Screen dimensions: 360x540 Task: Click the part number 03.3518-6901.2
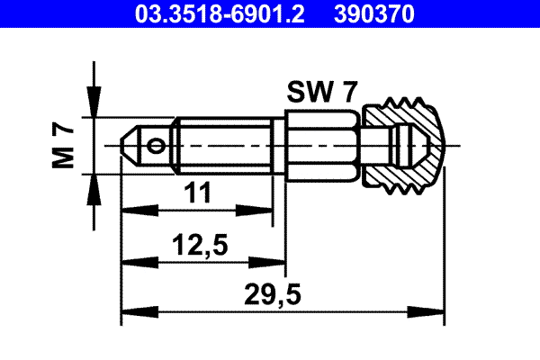pos(208,14)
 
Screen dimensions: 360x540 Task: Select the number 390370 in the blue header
pos(380,14)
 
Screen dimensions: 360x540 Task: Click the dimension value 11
pos(197,192)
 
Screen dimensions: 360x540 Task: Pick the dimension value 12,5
pos(202,244)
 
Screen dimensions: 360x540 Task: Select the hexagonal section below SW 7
pos(322,144)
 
